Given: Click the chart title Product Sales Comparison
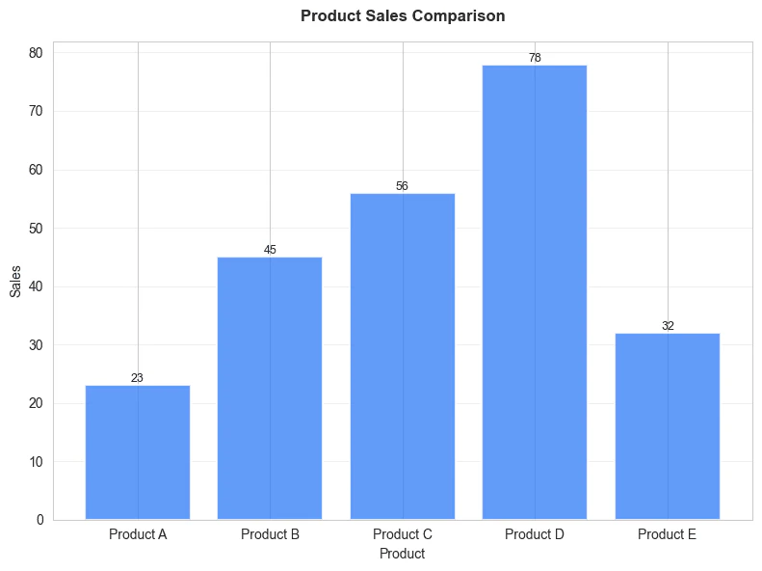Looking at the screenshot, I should click(x=403, y=16).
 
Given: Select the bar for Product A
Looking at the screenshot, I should click(x=138, y=452).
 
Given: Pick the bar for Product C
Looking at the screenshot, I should click(x=403, y=356).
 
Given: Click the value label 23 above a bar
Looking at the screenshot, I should click(x=138, y=378).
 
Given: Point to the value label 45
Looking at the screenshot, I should click(x=270, y=250).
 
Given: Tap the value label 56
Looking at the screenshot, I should click(x=403, y=186).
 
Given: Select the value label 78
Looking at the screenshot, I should click(x=535, y=58).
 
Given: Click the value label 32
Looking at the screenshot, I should click(x=668, y=326).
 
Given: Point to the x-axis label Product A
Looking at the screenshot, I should click(x=138, y=534).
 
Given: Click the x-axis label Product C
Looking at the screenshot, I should click(x=403, y=534).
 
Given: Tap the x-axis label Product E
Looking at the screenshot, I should click(x=668, y=534).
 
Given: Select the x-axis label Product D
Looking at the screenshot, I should click(x=535, y=534).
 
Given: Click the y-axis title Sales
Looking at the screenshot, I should click(x=15, y=281).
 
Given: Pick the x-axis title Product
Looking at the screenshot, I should click(x=403, y=554).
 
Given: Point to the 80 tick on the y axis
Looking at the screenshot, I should click(x=36, y=53).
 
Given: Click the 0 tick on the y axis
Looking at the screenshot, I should click(x=39, y=520).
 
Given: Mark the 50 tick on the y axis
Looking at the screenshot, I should click(x=36, y=229).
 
